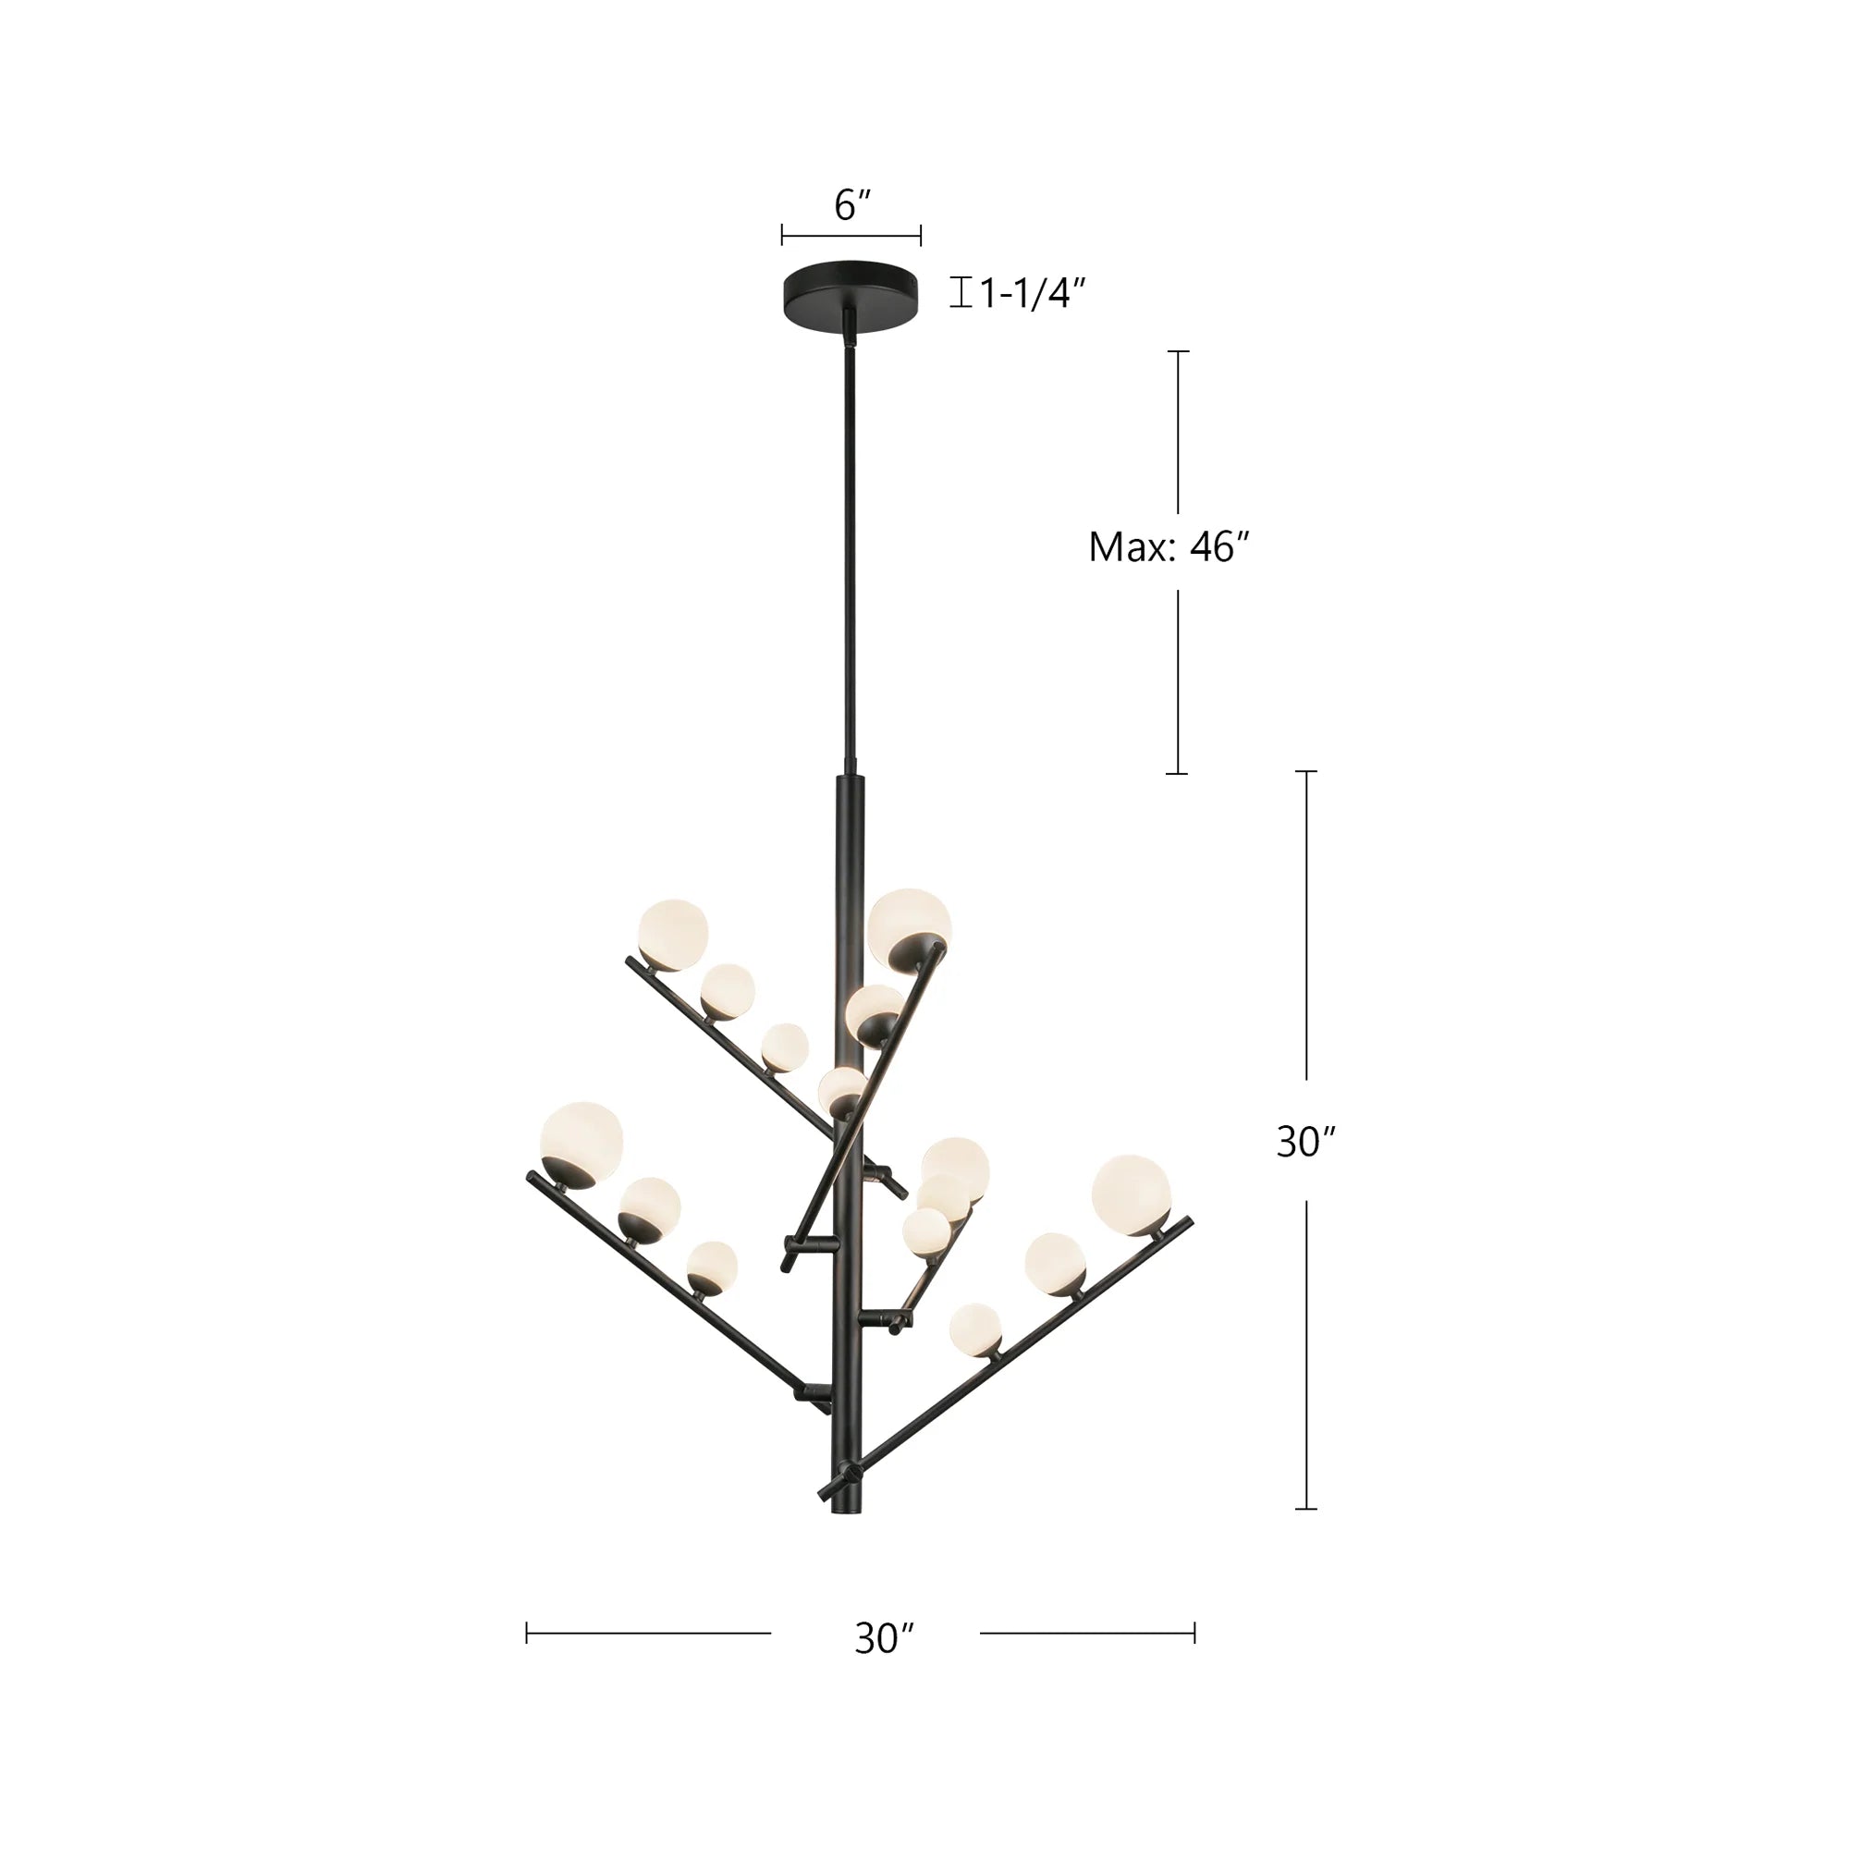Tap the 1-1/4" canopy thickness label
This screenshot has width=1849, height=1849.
click(1032, 293)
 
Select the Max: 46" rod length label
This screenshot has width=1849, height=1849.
click(1169, 547)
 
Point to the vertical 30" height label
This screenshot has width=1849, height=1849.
click(1305, 1142)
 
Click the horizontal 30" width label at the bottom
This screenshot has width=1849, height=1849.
click(885, 1639)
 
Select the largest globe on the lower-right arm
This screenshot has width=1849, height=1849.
click(1131, 1194)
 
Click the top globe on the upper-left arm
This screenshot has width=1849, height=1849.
click(673, 934)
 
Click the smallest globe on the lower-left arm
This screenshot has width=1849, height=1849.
click(712, 1267)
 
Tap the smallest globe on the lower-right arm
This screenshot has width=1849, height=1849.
click(974, 1329)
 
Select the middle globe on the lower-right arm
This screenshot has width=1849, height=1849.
click(1055, 1262)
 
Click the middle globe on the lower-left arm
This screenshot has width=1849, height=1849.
click(649, 1206)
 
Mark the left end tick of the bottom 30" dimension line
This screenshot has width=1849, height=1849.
click(526, 1633)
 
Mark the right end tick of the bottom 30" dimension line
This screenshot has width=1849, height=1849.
click(1194, 1633)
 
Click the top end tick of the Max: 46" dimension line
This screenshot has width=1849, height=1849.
click(1177, 351)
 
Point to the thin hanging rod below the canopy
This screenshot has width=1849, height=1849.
click(849, 555)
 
